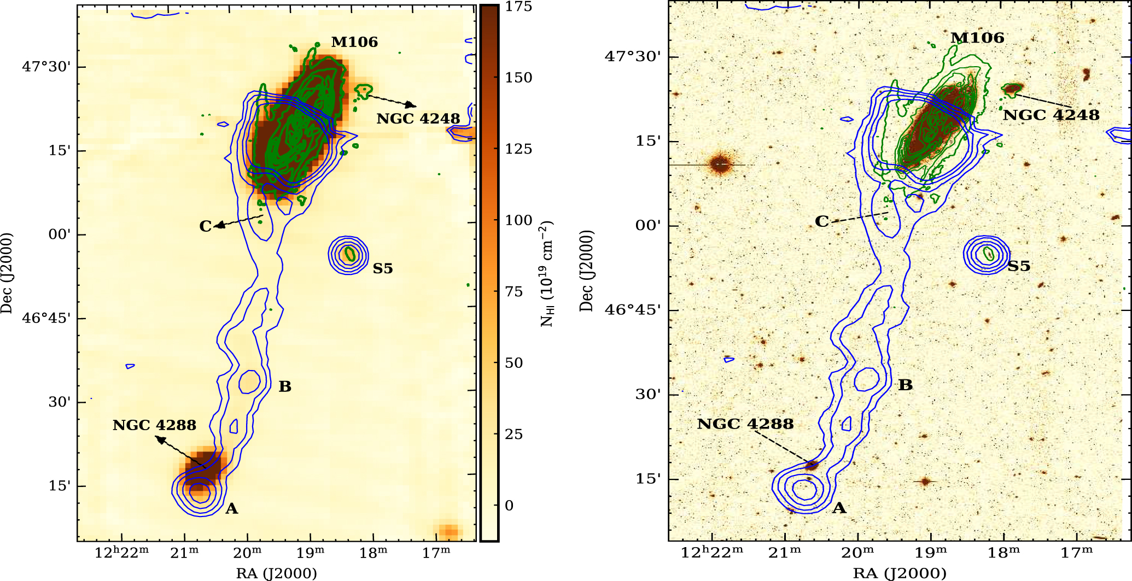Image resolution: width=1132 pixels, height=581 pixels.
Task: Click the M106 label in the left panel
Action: (354, 42)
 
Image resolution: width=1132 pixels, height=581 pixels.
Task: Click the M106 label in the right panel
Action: (977, 38)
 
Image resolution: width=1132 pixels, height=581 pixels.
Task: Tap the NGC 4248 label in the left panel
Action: (418, 119)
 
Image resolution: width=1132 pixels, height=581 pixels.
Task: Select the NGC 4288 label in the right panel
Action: (745, 424)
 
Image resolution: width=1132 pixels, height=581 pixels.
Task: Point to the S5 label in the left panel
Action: (383, 268)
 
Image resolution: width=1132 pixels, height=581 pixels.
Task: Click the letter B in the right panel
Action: (906, 385)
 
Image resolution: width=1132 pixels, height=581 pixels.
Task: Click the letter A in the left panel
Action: (232, 509)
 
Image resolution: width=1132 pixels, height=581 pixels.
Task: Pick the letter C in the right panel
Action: (821, 221)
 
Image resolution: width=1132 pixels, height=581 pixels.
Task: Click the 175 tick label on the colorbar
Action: (518, 7)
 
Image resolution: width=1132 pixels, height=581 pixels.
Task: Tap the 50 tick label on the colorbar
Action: (514, 363)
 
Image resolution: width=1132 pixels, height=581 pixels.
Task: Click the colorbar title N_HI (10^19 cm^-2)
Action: (547, 273)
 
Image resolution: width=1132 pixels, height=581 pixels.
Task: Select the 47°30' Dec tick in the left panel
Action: (46, 67)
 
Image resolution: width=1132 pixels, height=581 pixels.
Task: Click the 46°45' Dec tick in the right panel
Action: (633, 310)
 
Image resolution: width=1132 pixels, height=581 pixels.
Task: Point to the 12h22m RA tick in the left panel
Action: (121, 553)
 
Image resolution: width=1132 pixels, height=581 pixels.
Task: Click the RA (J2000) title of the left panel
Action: (276, 573)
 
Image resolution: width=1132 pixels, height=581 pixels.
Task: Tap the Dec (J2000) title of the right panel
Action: (586, 271)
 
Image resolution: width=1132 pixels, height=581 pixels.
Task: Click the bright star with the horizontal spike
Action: (720, 164)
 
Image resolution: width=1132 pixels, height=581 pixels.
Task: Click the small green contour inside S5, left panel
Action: (349, 254)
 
